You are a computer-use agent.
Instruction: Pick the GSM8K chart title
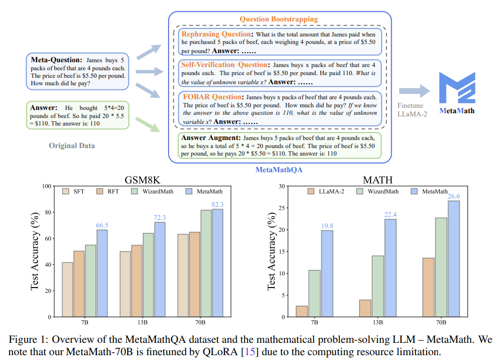point(146,180)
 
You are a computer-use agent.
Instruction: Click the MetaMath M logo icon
point(456,86)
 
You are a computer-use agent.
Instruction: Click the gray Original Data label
point(71,145)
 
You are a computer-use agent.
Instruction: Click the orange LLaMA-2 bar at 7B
point(302,311)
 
